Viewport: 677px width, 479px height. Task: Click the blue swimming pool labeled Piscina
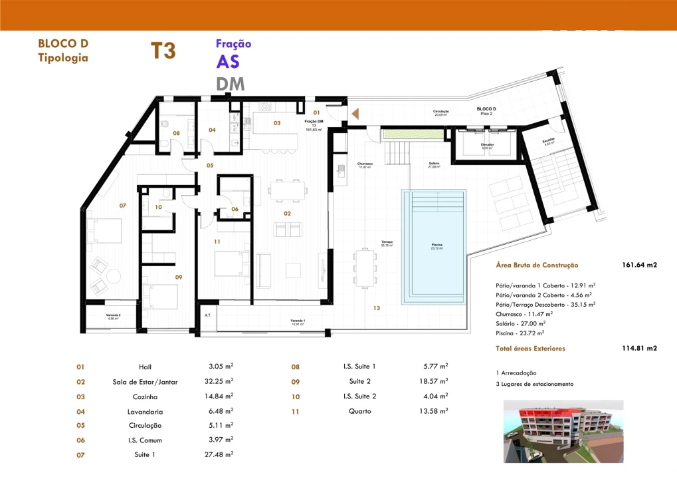[x=433, y=246]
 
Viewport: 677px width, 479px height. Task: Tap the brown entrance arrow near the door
[x=355, y=114]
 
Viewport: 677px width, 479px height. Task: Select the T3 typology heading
[x=163, y=51]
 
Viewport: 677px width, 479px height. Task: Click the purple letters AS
[x=228, y=62]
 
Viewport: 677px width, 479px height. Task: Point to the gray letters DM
[x=230, y=84]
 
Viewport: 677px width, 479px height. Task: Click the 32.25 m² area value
[x=221, y=381]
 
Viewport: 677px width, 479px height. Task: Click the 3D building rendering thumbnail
[x=563, y=431]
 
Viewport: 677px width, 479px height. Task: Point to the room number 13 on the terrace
[x=376, y=308]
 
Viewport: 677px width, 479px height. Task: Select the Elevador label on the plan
[x=487, y=144]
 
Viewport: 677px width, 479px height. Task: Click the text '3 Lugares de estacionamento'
[x=534, y=384]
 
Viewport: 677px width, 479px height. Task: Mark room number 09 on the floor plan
[x=179, y=277]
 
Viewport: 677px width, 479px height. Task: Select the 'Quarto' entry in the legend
[x=359, y=411]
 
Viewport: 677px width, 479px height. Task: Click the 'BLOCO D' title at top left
[x=63, y=44]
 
